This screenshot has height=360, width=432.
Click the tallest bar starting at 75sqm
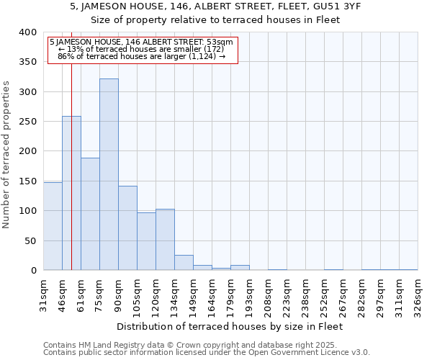tap(109, 174)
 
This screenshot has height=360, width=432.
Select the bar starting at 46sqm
tap(71, 193)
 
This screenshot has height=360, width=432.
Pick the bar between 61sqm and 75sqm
tap(90, 214)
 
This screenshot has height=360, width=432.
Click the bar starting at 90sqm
tap(127, 228)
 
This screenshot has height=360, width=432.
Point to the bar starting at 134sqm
tap(184, 263)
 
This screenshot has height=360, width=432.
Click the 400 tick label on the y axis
tap(27, 32)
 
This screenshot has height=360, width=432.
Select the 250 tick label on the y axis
tap(27, 122)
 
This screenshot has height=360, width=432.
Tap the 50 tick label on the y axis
tap(30, 240)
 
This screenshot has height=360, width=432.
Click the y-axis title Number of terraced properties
tap(7, 154)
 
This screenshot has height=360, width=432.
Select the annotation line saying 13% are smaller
tap(141, 49)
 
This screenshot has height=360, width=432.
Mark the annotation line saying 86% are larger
tap(141, 56)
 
